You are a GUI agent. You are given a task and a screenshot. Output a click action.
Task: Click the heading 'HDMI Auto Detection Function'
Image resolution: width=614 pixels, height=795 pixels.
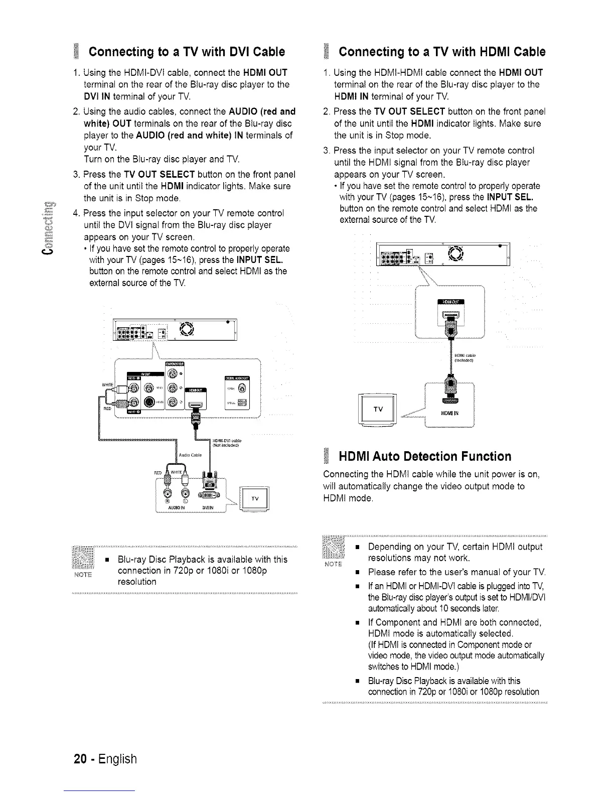point(425,456)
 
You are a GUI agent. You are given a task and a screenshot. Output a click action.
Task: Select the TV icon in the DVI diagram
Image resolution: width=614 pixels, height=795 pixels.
point(255,498)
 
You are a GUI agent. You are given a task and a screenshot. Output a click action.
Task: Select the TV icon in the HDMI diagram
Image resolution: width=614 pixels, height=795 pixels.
point(379,409)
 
